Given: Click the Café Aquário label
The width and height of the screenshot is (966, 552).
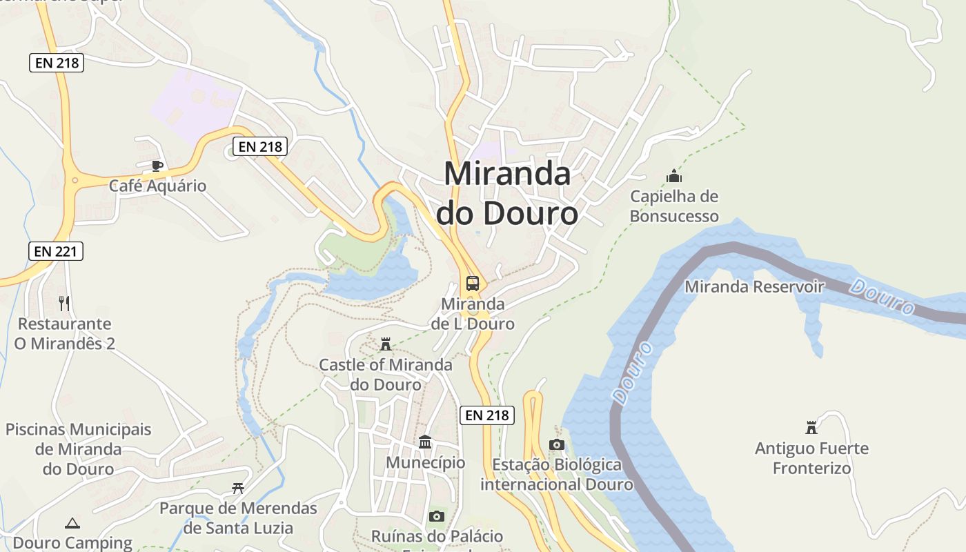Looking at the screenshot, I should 157,186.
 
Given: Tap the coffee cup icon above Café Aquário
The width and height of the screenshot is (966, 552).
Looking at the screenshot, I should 157,166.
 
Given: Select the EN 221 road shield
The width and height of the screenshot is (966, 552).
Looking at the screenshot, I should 56,251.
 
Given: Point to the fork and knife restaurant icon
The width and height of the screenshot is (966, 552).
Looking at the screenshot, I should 64,303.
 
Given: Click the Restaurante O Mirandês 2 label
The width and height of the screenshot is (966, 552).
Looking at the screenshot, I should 64,333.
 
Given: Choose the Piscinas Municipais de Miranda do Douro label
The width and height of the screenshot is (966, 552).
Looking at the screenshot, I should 78,449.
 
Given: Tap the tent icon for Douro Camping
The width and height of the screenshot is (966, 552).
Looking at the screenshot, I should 72,524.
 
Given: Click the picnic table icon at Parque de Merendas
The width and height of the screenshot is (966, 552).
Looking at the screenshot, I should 238,489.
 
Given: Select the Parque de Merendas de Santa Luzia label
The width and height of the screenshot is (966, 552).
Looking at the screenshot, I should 238,518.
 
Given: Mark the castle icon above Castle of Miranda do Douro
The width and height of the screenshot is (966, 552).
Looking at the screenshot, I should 386,344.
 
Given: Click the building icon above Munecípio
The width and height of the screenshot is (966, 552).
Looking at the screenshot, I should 425,442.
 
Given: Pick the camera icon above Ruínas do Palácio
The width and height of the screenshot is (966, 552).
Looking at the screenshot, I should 436,516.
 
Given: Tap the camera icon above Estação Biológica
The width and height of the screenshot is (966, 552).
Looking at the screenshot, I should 557,444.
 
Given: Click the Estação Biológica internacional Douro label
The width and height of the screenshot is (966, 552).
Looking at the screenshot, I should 557,475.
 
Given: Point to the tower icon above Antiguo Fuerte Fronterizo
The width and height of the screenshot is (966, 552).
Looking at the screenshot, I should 811,428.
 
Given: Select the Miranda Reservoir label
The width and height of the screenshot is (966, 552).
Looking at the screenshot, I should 754,286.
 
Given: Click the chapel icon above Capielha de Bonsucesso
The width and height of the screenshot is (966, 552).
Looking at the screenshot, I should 674,177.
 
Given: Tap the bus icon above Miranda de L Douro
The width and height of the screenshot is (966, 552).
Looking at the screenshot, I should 473,283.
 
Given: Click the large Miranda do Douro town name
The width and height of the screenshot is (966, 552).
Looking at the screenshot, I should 507,193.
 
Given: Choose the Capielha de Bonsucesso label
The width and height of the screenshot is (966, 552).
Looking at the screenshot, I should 674,206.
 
